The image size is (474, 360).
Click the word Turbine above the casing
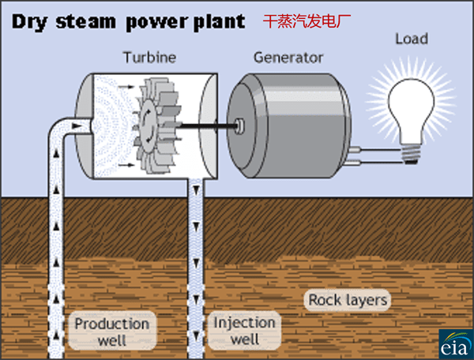[x=149, y=58]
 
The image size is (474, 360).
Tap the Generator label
[x=288, y=58]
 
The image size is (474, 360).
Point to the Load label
[x=411, y=39]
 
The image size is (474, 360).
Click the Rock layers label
[x=348, y=300]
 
